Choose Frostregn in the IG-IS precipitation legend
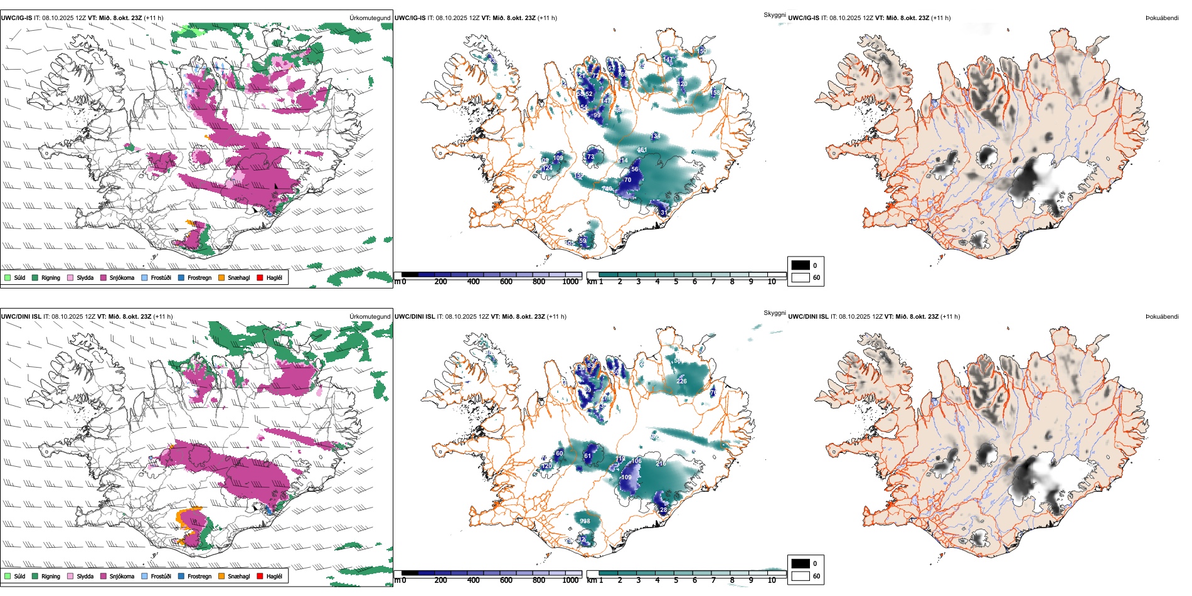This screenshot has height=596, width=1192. click(x=199, y=277)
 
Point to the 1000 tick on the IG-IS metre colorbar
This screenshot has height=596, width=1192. click(x=570, y=282)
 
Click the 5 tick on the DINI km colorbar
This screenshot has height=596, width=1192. click(x=676, y=580)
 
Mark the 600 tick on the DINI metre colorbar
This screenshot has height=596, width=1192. click(x=506, y=580)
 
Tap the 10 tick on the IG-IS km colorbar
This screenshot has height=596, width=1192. click(x=772, y=282)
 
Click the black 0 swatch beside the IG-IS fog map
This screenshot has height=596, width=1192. click(x=801, y=265)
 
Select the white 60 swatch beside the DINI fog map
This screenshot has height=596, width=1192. click(x=801, y=576)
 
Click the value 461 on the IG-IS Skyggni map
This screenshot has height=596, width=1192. click(x=642, y=151)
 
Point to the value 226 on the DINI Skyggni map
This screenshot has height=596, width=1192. click(x=681, y=381)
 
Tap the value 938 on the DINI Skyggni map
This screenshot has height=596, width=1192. click(x=585, y=521)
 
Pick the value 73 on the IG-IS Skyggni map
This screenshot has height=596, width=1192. click(x=590, y=157)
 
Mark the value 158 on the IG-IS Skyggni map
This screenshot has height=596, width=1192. click(x=715, y=93)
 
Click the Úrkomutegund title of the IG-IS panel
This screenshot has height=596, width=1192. click(x=370, y=18)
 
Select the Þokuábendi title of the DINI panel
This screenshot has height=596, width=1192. click(x=1162, y=317)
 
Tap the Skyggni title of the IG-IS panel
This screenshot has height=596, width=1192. click(x=774, y=14)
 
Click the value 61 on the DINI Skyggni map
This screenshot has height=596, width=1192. click(x=588, y=456)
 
